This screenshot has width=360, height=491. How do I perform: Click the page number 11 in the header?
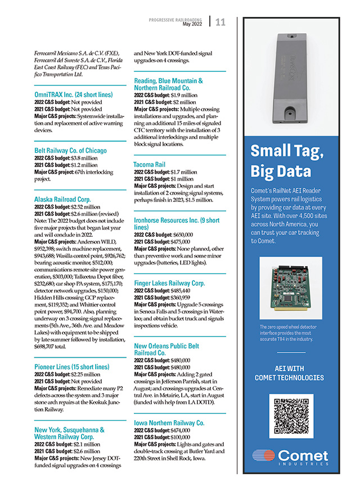220,22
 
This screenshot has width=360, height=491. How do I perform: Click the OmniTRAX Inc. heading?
74,95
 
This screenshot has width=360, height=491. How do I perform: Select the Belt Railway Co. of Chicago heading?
70,151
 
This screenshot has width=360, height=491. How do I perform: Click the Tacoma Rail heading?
149,165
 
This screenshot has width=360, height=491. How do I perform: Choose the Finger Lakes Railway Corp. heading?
169,283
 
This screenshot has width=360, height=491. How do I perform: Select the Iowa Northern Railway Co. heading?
169,422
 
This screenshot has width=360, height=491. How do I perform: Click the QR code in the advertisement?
291,416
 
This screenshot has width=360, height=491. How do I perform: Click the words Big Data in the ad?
281,170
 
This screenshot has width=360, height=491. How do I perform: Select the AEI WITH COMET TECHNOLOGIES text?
291,373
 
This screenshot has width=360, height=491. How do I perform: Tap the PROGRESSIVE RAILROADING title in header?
175,20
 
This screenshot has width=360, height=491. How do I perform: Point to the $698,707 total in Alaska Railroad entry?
51,347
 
